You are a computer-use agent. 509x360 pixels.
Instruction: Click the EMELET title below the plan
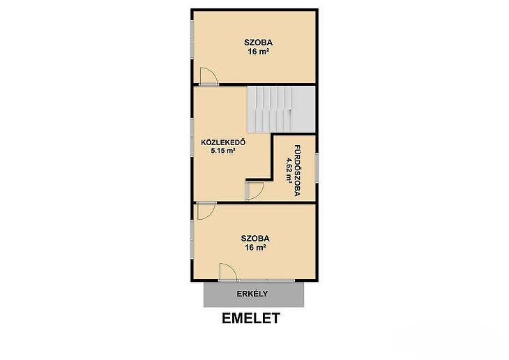[x=251, y=318]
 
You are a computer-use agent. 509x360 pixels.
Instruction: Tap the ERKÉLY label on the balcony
[x=252, y=294]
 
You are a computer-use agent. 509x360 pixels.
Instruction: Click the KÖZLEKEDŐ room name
[x=223, y=142]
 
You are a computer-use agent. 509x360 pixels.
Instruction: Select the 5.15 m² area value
[x=223, y=151]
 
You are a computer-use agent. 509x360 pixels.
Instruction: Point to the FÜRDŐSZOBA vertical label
[x=297, y=170]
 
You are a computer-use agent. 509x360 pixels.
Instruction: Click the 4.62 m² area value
[x=289, y=170]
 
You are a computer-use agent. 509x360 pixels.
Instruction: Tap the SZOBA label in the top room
[x=259, y=43]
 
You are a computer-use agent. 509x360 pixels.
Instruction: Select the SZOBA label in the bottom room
[x=255, y=239]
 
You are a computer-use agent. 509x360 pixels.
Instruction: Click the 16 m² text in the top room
[x=259, y=52]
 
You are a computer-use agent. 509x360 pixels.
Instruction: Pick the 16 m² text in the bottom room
[x=255, y=248]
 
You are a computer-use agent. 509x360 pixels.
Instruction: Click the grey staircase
[x=281, y=109]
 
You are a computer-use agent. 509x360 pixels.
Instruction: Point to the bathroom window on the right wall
[x=317, y=168]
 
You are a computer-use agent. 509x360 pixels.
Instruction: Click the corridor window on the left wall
[x=192, y=137]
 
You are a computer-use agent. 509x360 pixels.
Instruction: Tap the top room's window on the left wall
[x=192, y=40]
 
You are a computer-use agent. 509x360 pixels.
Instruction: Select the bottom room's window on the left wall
[x=192, y=239]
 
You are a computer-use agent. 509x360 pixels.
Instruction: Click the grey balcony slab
[x=254, y=294]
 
